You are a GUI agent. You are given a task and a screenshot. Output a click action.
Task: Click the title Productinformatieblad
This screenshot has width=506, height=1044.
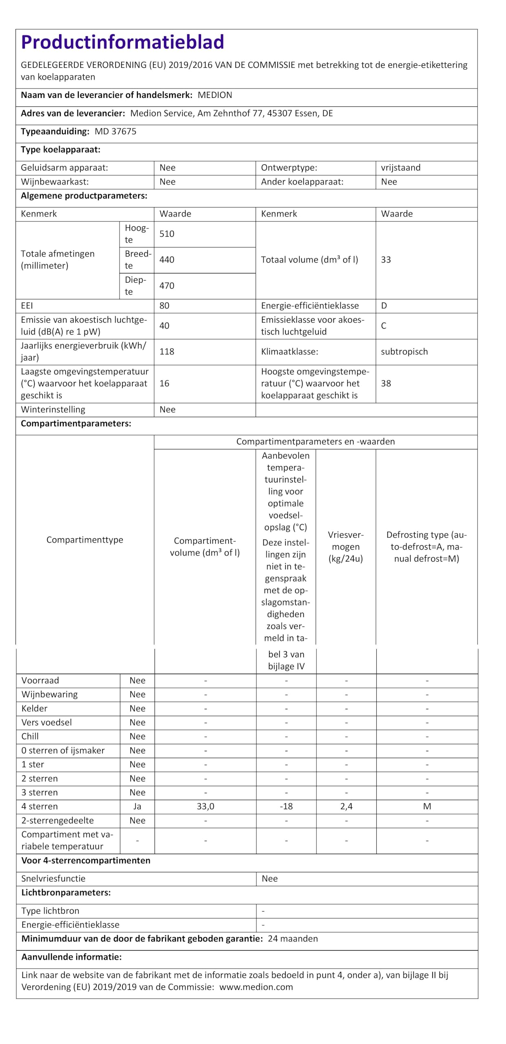(122, 42)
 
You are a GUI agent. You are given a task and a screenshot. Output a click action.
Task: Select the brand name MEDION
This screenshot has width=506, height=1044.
(215, 95)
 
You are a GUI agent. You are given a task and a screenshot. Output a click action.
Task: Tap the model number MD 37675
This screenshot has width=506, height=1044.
(115, 131)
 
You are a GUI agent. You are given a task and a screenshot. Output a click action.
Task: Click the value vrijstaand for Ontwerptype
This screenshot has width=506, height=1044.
(400, 168)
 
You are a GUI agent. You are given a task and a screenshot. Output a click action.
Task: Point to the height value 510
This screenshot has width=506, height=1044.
(167, 234)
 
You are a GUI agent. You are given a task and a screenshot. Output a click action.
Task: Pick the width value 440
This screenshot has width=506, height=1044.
(167, 260)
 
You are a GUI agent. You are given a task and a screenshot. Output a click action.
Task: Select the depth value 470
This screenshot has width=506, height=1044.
(167, 285)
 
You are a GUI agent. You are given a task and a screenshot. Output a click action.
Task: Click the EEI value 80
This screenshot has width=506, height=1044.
(164, 306)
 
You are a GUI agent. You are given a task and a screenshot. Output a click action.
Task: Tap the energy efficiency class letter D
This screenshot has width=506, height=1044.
(384, 306)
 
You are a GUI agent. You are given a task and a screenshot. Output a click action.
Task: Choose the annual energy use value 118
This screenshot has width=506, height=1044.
(167, 352)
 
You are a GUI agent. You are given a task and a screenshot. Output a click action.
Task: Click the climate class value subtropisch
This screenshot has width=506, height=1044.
(404, 352)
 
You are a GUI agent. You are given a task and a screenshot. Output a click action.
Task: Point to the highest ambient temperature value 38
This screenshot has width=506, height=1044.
(386, 383)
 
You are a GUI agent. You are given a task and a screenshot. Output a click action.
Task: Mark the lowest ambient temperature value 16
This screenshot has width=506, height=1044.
(164, 383)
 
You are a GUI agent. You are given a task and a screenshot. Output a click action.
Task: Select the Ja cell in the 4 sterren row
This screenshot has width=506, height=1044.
(137, 806)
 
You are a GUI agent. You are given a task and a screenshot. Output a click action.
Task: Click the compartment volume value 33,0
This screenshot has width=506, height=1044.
(205, 806)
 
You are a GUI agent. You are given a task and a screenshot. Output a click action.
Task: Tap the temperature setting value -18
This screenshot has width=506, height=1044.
(286, 806)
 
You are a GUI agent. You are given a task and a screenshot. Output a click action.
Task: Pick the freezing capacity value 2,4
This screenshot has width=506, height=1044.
(346, 806)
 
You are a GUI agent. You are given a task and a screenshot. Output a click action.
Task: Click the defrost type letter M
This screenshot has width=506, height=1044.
(427, 806)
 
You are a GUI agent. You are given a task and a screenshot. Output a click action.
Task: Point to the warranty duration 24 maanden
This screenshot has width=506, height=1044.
(293, 938)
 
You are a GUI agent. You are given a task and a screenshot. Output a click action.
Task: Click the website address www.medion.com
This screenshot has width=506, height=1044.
(256, 987)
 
